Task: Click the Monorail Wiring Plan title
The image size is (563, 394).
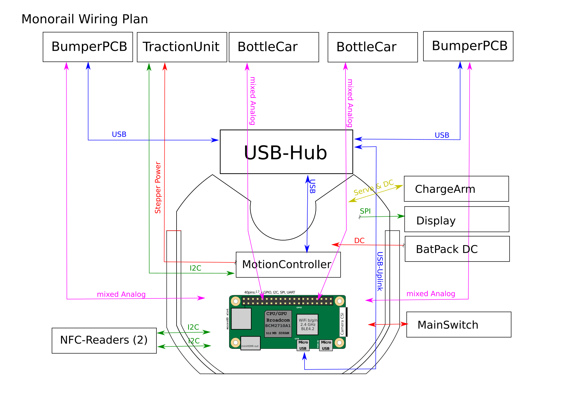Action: pos(85,19)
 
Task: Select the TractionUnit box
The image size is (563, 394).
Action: pos(182,47)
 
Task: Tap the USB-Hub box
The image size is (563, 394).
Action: pos(286,152)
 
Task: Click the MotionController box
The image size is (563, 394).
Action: pos(288,265)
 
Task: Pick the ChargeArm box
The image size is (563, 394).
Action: pos(456,189)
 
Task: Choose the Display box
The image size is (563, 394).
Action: pos(456,219)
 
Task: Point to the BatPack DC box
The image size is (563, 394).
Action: pos(457,249)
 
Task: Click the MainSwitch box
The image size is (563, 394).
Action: pos(459,325)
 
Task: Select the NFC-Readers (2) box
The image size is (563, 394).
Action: pos(104,341)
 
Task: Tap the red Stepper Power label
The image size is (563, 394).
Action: pos(158,187)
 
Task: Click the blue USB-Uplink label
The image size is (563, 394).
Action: pos(380,271)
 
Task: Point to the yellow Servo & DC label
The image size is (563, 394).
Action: pos(373,187)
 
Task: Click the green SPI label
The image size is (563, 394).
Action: pos(365,211)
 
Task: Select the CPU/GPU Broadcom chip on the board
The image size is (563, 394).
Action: pos(278,324)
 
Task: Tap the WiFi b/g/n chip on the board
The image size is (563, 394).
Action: pos(307,325)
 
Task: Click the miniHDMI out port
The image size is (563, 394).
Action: pos(250,343)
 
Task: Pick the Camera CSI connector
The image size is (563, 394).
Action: pos(342,322)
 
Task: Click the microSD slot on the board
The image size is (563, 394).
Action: pos(241,319)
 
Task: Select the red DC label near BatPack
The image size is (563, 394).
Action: pos(359,240)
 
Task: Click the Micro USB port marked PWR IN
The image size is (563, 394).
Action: pos(326,345)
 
